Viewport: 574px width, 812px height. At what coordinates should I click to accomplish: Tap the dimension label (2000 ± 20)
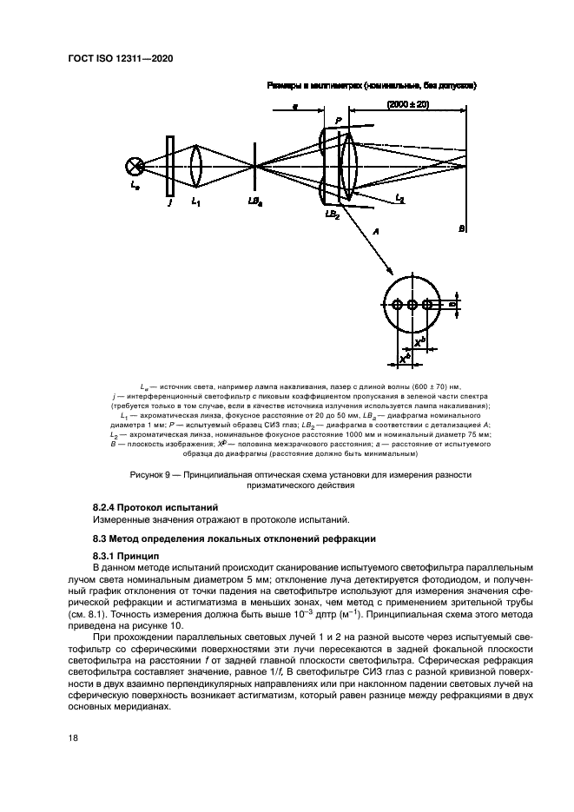[409, 104]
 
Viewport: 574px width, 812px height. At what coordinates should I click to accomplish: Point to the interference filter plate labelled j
[170, 165]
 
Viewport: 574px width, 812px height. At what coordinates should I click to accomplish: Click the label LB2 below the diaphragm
[332, 214]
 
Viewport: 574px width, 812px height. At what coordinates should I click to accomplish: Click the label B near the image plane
[462, 228]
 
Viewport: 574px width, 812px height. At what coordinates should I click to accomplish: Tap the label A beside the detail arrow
[374, 232]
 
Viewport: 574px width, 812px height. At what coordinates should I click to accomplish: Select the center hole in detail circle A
[412, 305]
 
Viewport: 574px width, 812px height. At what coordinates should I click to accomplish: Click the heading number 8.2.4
[108, 506]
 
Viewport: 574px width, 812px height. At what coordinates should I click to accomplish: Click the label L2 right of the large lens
[399, 200]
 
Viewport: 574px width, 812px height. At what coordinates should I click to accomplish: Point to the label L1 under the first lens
[195, 204]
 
